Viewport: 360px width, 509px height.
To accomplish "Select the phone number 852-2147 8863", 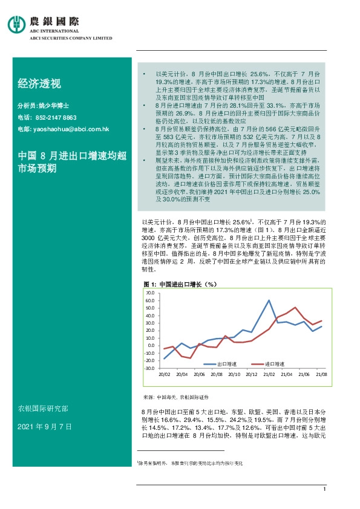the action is click(x=54, y=117).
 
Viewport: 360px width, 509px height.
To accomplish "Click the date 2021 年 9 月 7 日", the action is click(x=45, y=427).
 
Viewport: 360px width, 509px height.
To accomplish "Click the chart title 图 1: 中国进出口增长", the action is click(x=181, y=284).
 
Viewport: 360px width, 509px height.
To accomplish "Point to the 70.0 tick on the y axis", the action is click(x=151, y=292).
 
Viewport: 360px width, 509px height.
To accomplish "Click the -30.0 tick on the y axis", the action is click(x=150, y=368).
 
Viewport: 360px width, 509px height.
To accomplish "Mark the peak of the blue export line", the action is click(x=269, y=300).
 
